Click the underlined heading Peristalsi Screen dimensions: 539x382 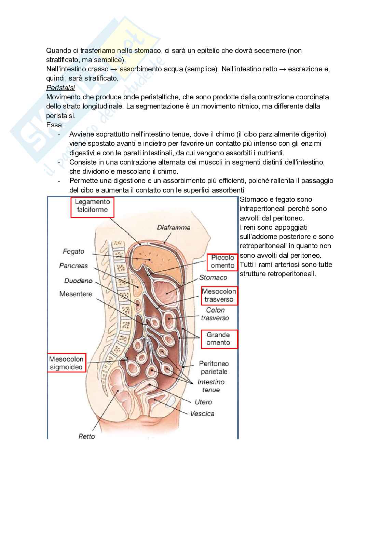click(60, 88)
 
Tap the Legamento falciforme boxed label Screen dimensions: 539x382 click(92, 206)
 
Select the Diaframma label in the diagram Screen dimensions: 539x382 click(174, 227)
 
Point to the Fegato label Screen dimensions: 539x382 click(73, 252)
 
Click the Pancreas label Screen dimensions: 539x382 click(73, 266)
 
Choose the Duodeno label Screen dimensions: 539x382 click(78, 281)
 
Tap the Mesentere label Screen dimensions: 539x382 click(76, 294)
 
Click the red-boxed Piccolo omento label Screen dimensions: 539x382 click(222, 261)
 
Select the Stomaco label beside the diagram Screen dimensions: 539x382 click(213, 277)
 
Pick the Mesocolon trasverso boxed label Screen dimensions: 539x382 click(219, 296)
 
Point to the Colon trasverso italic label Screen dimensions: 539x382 click(215, 314)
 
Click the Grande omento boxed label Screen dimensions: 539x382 click(218, 339)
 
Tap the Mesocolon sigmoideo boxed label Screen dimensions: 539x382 click(66, 363)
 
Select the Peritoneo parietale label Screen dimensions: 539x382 click(214, 368)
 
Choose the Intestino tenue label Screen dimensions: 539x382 click(211, 386)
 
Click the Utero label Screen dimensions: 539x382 click(203, 402)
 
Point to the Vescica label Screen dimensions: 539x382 click(202, 414)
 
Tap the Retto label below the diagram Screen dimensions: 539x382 click(87, 436)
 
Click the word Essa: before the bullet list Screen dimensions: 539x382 click(55, 125)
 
